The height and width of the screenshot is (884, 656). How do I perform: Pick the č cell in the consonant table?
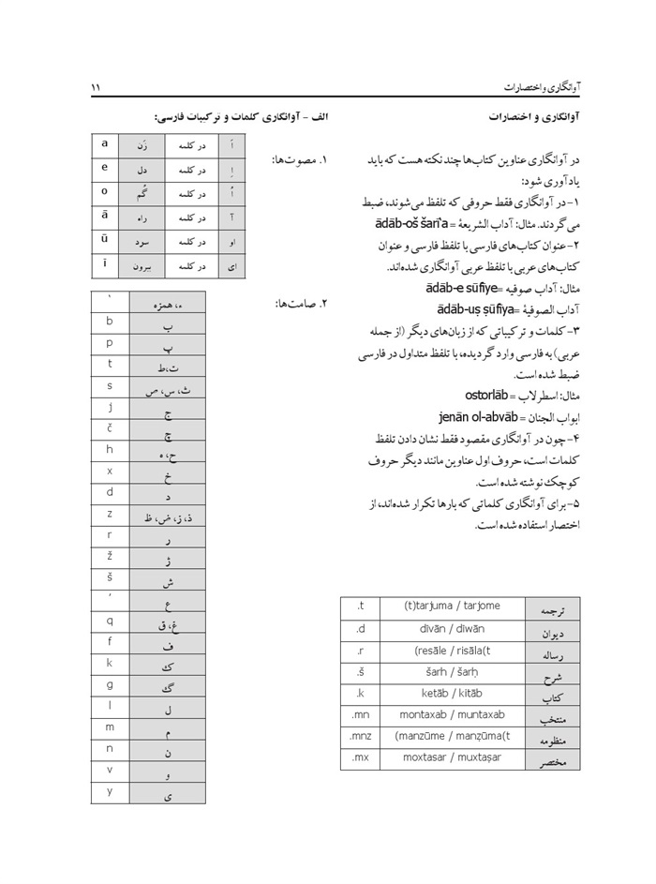[110, 427]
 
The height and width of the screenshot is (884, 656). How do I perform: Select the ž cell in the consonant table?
[110, 557]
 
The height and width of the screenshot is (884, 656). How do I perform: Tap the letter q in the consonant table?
[110, 621]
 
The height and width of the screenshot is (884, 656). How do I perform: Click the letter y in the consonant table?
[110, 791]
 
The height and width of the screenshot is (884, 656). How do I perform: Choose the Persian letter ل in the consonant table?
[167, 710]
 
